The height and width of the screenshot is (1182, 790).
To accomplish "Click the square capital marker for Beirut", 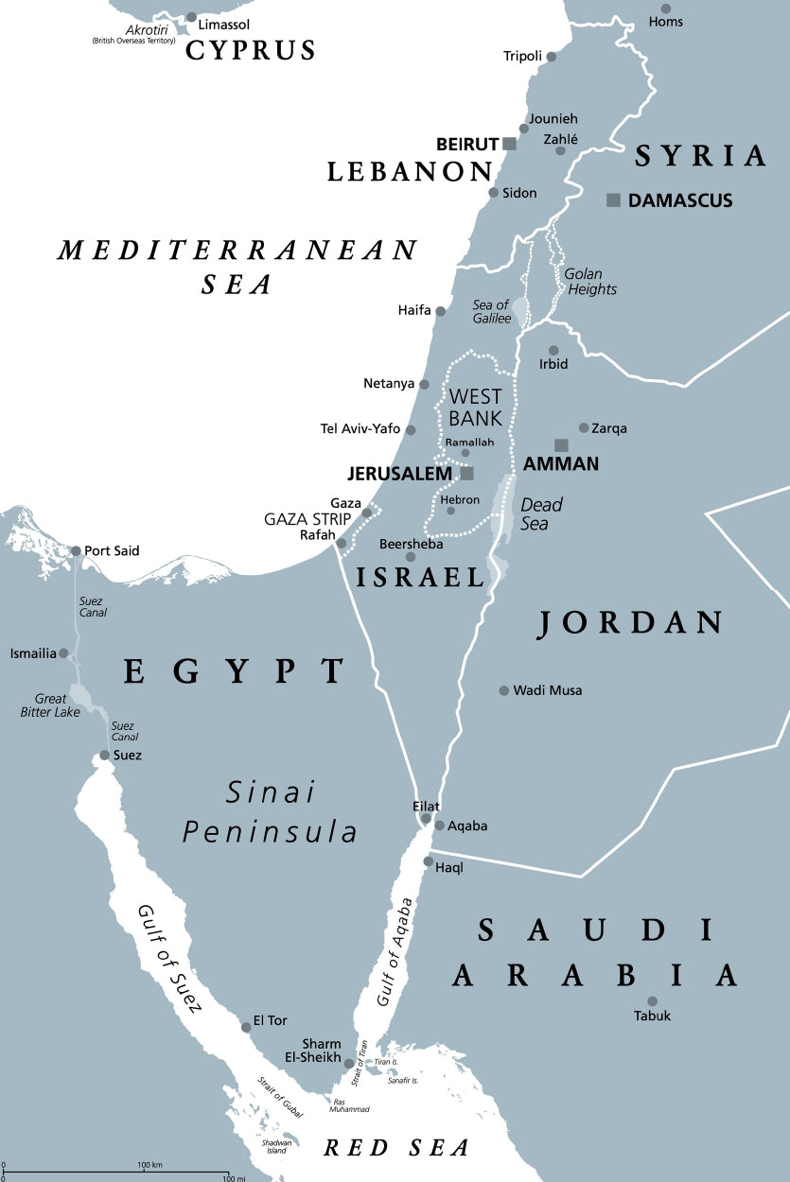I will click(x=510, y=144).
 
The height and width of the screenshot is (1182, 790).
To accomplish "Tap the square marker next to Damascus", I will click(x=614, y=200).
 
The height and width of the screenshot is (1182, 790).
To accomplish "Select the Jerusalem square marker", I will click(x=466, y=473).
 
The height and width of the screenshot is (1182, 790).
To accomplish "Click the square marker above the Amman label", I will click(x=561, y=445).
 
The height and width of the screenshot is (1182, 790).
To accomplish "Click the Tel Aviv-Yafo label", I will click(x=360, y=429).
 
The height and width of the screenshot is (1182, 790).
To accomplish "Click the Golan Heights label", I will click(x=590, y=281).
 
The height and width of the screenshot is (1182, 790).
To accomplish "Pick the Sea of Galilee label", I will click(x=492, y=311).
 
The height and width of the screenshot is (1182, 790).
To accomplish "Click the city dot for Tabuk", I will click(x=652, y=1001).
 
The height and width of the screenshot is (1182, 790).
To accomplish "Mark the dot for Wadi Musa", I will click(x=504, y=690).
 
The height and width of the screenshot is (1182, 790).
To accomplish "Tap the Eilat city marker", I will click(x=427, y=818).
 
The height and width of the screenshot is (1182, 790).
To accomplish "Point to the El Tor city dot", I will click(x=246, y=1025).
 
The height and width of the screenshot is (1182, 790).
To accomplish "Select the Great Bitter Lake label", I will click(x=50, y=705).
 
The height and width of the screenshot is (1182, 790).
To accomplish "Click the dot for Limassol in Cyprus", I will click(x=191, y=17).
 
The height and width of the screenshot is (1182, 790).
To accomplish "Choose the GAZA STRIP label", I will click(x=307, y=519).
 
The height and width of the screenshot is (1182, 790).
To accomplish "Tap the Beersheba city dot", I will click(x=411, y=557).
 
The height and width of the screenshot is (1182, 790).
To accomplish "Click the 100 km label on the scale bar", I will click(x=149, y=1164).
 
